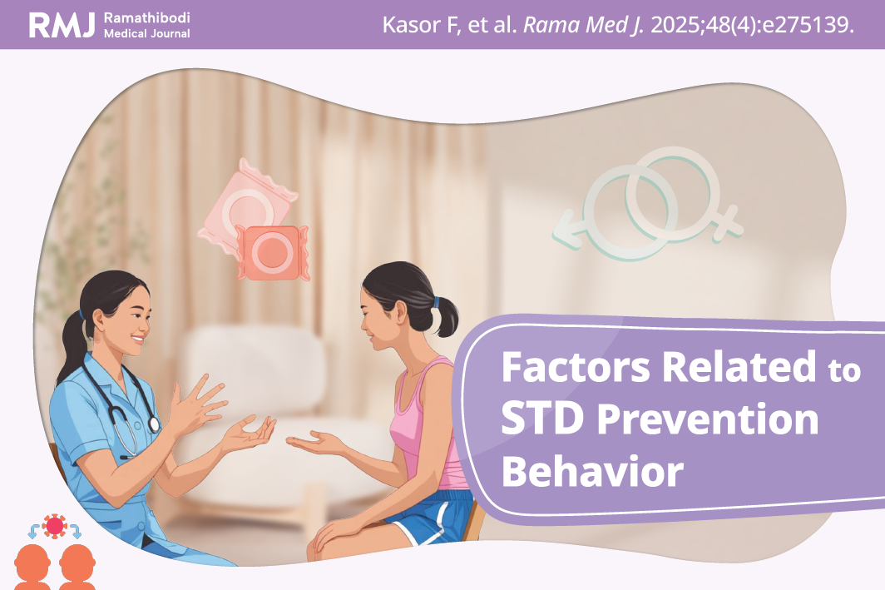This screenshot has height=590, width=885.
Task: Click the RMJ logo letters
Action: coord(62,25)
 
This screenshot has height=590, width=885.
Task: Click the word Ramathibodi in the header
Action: coord(146,17)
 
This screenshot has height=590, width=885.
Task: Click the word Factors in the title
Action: coord(576,367)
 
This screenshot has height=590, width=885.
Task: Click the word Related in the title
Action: coord(739,367)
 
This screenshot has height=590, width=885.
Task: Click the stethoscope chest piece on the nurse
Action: coord(154,424)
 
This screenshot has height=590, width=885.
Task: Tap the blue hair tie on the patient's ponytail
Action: coord(436,302)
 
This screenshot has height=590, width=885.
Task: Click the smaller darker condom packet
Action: coord(273,252)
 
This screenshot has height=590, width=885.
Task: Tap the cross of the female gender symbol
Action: coord(728,223)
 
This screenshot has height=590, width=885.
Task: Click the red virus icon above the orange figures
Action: coord(55,526)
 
